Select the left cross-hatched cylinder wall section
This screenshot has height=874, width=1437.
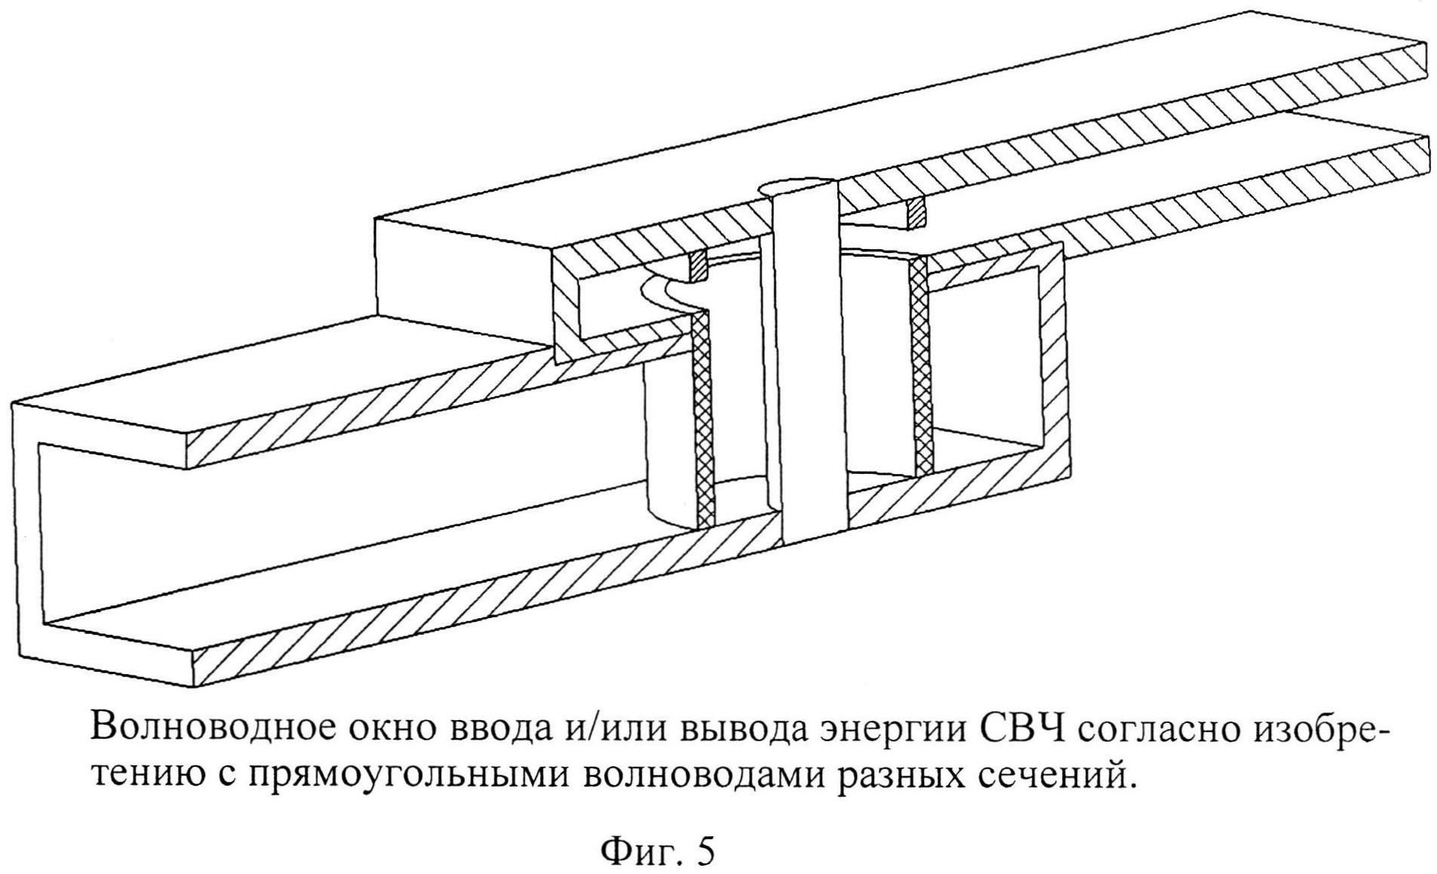pyautogui.click(x=702, y=415)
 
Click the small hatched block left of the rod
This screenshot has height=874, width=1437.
pyautogui.click(x=699, y=266)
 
